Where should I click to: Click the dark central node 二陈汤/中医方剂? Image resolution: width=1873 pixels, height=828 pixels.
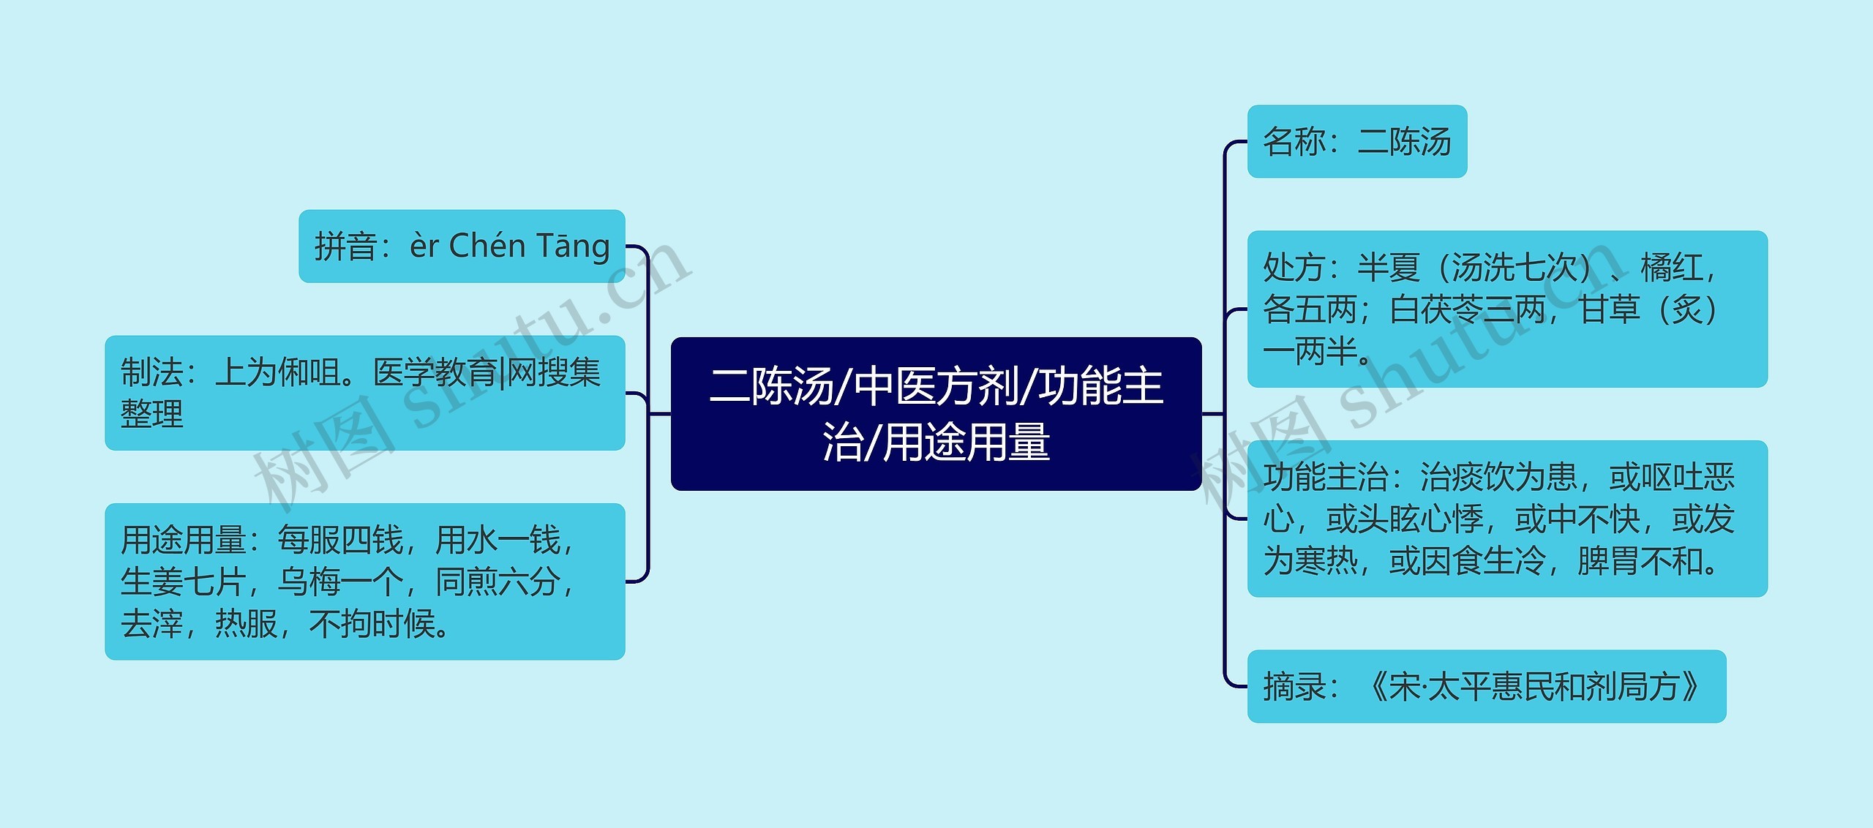(936, 413)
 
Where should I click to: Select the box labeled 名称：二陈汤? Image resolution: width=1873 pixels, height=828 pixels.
(1356, 141)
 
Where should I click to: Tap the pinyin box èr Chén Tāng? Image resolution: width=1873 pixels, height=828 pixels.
(462, 246)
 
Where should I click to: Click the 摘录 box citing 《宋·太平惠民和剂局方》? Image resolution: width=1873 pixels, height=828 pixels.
(1486, 686)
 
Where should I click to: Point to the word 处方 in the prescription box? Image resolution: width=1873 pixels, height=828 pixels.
(1294, 268)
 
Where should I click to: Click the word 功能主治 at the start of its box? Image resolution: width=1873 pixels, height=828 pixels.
(1325, 478)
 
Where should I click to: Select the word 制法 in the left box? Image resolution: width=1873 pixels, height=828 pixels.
(151, 372)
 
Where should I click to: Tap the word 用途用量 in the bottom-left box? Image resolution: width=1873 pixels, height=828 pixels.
(183, 541)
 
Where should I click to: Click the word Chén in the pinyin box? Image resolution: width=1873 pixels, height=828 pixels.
(484, 246)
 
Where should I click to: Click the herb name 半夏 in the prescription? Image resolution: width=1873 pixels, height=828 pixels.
(1388, 268)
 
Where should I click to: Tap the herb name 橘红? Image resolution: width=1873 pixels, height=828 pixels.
(1671, 268)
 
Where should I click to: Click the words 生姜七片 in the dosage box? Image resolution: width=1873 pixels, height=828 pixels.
(183, 582)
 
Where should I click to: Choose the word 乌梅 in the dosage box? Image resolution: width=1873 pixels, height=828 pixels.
(308, 582)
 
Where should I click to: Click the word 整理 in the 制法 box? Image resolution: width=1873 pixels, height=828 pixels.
(151, 414)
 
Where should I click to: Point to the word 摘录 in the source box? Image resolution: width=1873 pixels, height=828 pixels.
(1294, 687)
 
